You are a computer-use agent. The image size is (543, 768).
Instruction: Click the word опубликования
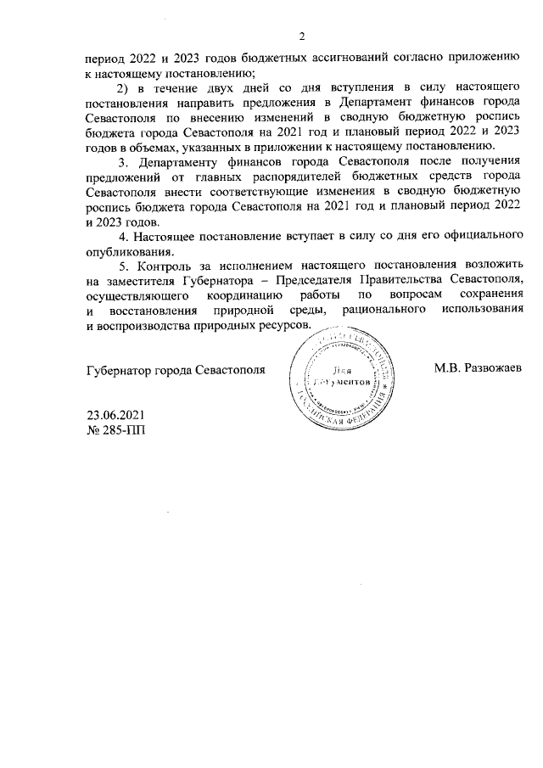(131, 250)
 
